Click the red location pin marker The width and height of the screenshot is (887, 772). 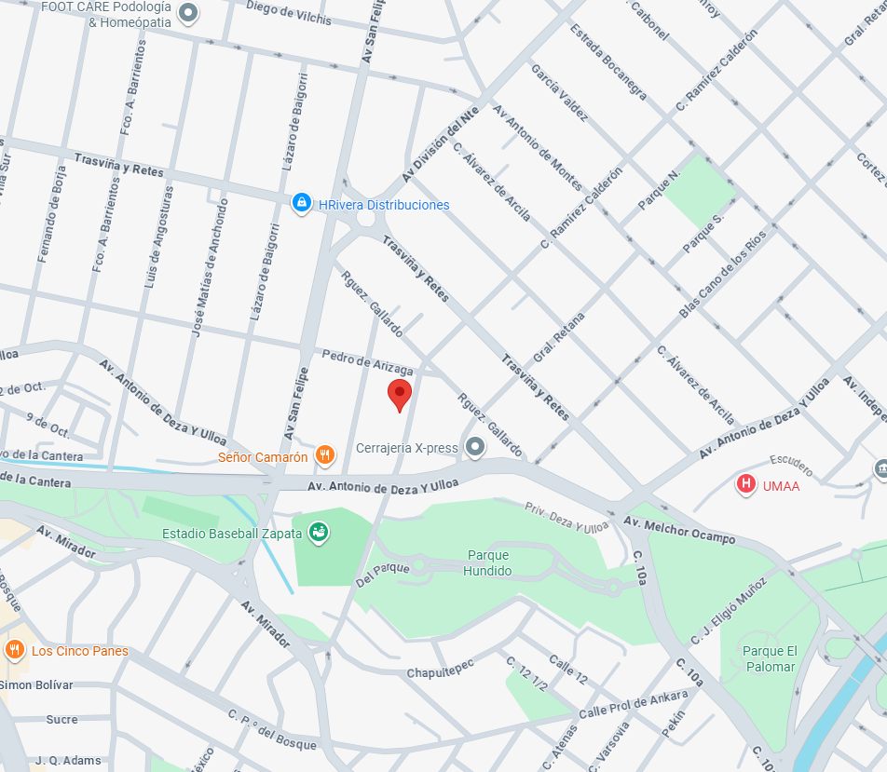(400, 394)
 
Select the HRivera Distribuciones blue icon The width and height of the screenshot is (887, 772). (301, 204)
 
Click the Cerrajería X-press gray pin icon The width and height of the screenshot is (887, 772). (476, 447)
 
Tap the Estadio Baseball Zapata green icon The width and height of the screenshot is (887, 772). (319, 533)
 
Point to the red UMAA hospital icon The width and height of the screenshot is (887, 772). (746, 484)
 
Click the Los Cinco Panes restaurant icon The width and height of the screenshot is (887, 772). (14, 650)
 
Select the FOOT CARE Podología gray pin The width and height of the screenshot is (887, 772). (189, 13)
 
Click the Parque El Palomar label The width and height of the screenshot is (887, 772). (770, 658)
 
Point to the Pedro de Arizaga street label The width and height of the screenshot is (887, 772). (366, 362)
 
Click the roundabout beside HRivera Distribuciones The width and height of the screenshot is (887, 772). (364, 218)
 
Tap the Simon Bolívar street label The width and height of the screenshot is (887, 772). (36, 684)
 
